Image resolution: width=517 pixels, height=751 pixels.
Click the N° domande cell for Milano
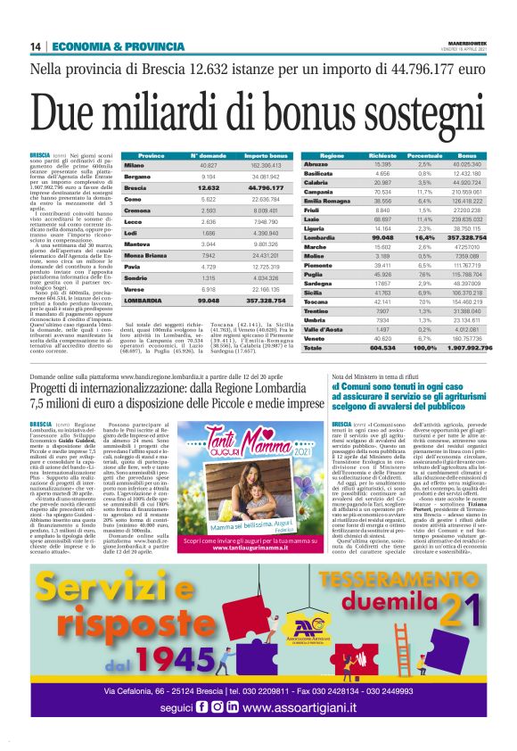209,166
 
